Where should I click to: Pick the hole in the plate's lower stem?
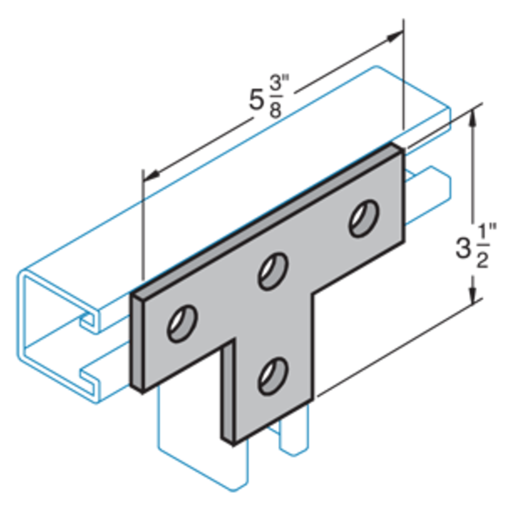(272, 375)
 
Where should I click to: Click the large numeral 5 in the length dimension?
(256, 100)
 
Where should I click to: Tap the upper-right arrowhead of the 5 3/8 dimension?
(395, 37)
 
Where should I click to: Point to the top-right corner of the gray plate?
(403, 147)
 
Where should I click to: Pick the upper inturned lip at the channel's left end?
(87, 320)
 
